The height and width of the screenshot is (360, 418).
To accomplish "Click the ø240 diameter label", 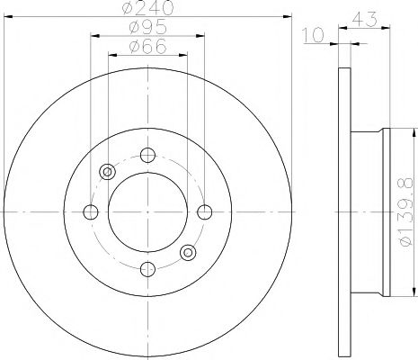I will (147, 8).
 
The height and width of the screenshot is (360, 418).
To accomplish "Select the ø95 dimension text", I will (147, 29).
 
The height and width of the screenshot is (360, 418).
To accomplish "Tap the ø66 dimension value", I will (147, 47).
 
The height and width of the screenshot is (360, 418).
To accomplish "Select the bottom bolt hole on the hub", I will (147, 268).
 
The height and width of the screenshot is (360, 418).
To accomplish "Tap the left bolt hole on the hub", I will (91, 212).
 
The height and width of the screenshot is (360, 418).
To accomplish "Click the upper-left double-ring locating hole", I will (108, 172).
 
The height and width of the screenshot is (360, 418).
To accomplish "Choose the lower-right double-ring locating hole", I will (187, 252).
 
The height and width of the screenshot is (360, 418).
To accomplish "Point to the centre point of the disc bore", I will (147, 212).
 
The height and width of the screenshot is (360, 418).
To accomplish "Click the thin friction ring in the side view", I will (344, 212).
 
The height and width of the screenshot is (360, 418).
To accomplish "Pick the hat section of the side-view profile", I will (369, 212).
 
